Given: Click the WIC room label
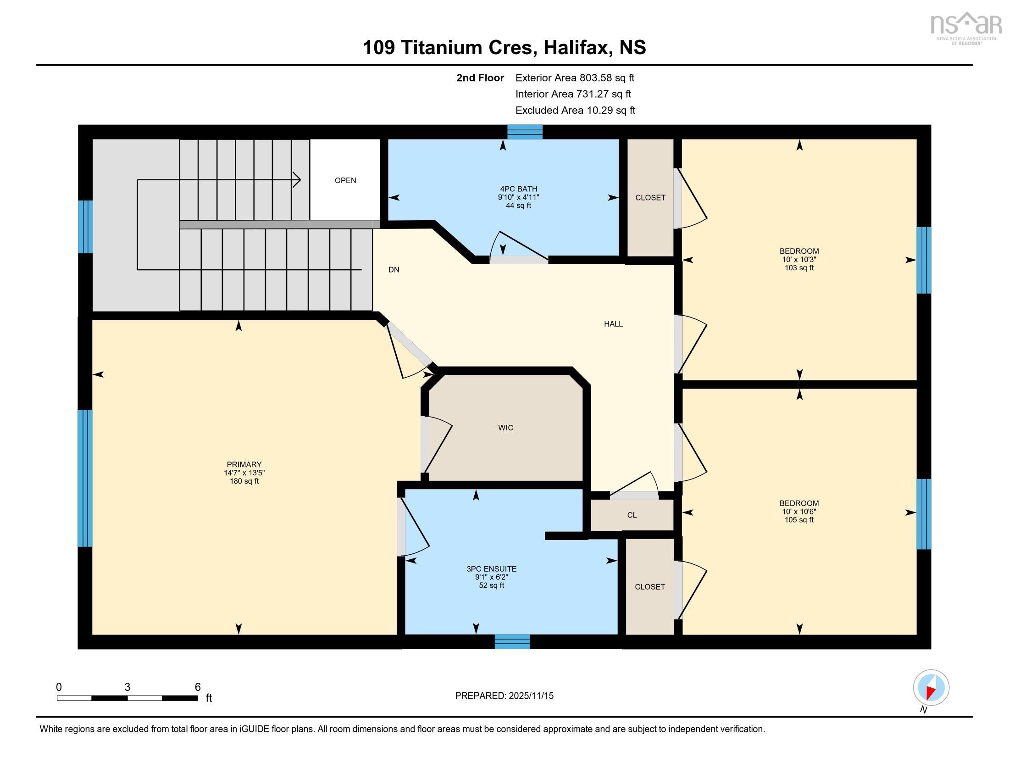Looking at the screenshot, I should click(x=505, y=428).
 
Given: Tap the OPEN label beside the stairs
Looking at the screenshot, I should click(x=345, y=180).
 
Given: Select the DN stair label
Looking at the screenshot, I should click(x=394, y=269).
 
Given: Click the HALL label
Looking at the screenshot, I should click(x=613, y=324).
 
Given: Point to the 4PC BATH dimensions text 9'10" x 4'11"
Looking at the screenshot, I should click(x=518, y=197).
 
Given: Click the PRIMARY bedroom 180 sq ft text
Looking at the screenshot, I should click(x=244, y=481).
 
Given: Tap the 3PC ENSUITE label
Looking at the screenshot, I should click(x=492, y=569).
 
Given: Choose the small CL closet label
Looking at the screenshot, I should click(x=632, y=515).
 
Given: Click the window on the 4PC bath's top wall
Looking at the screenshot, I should click(x=524, y=132).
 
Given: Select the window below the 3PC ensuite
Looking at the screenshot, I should click(x=512, y=642).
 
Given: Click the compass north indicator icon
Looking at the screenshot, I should click(x=931, y=688).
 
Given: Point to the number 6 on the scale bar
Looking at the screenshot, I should click(x=198, y=687).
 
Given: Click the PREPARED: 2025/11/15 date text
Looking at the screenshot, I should click(x=504, y=696).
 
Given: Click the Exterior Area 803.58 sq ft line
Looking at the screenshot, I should click(x=575, y=78).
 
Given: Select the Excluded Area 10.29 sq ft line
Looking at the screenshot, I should click(x=575, y=110).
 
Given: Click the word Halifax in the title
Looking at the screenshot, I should click(x=575, y=47).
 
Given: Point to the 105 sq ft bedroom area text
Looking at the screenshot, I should click(x=799, y=520).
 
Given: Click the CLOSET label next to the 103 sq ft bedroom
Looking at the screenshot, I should click(x=650, y=197).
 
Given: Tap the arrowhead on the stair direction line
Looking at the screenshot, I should click(x=298, y=179).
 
